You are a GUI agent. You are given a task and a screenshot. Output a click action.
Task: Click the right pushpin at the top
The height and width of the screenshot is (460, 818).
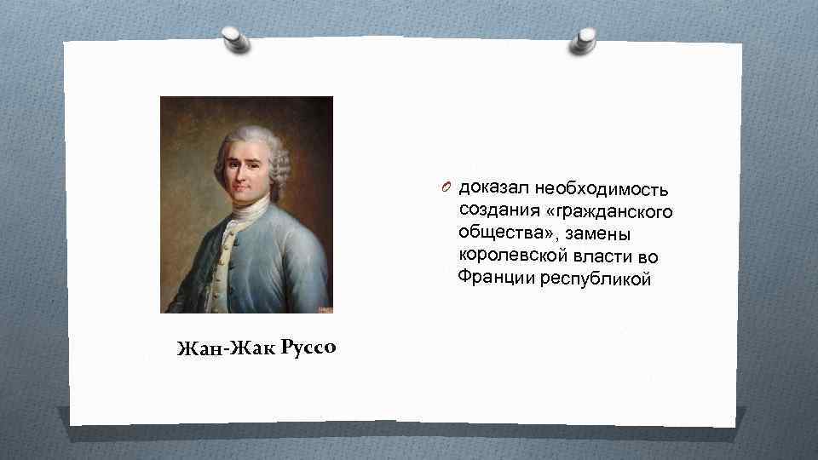point(585,39)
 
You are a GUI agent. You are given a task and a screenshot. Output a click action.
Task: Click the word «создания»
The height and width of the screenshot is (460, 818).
point(493,209)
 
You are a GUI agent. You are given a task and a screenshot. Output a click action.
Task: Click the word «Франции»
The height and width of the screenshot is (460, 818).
point(494,277)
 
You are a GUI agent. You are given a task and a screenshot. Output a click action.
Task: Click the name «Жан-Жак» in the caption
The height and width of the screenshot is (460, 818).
point(221,348)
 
